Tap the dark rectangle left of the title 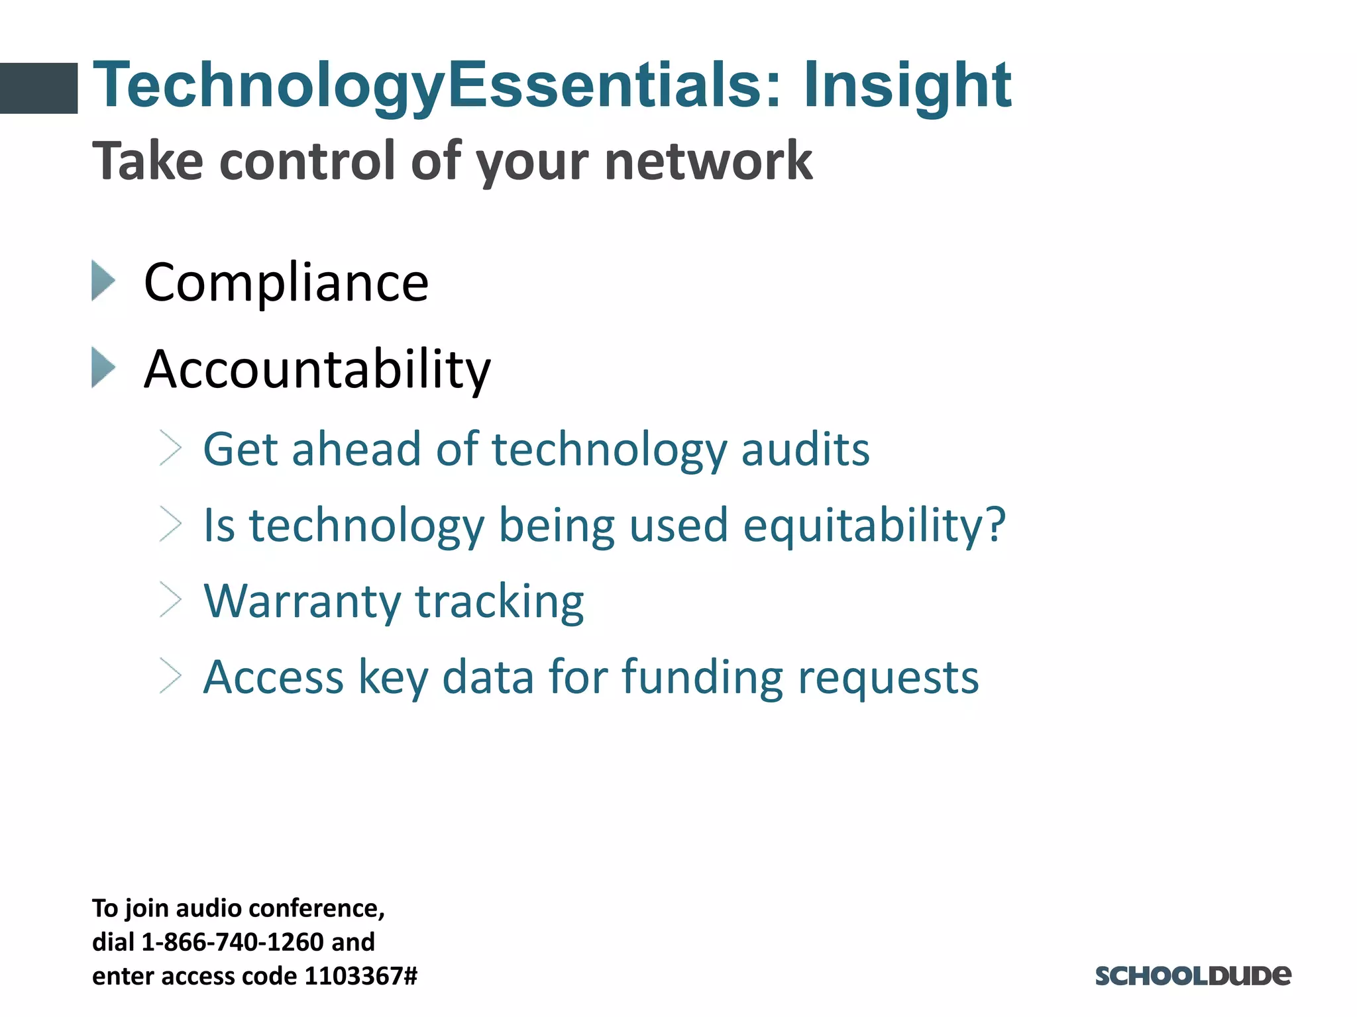click(x=38, y=88)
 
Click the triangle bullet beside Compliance click(x=103, y=281)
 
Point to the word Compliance click(x=286, y=283)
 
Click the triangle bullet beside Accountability click(x=103, y=367)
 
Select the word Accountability click(x=317, y=369)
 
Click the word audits click(x=804, y=450)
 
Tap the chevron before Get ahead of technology click(x=170, y=449)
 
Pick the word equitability click(x=873, y=526)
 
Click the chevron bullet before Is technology click(x=170, y=525)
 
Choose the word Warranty click(x=302, y=602)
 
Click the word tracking click(x=499, y=602)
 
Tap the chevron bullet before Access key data click(x=170, y=677)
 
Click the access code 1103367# click(x=360, y=976)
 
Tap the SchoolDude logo click(x=1193, y=975)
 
